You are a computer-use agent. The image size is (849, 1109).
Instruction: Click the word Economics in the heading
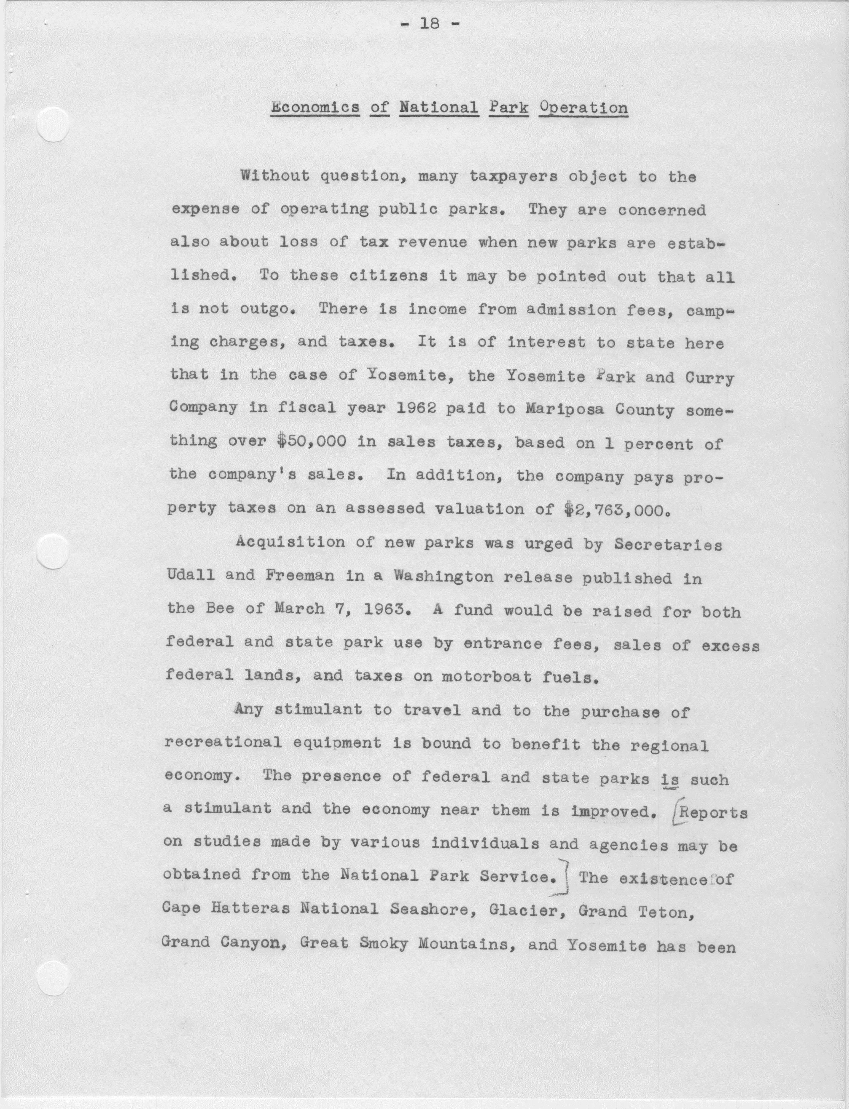tap(315, 108)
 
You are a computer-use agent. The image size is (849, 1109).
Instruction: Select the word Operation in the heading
tap(583, 108)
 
